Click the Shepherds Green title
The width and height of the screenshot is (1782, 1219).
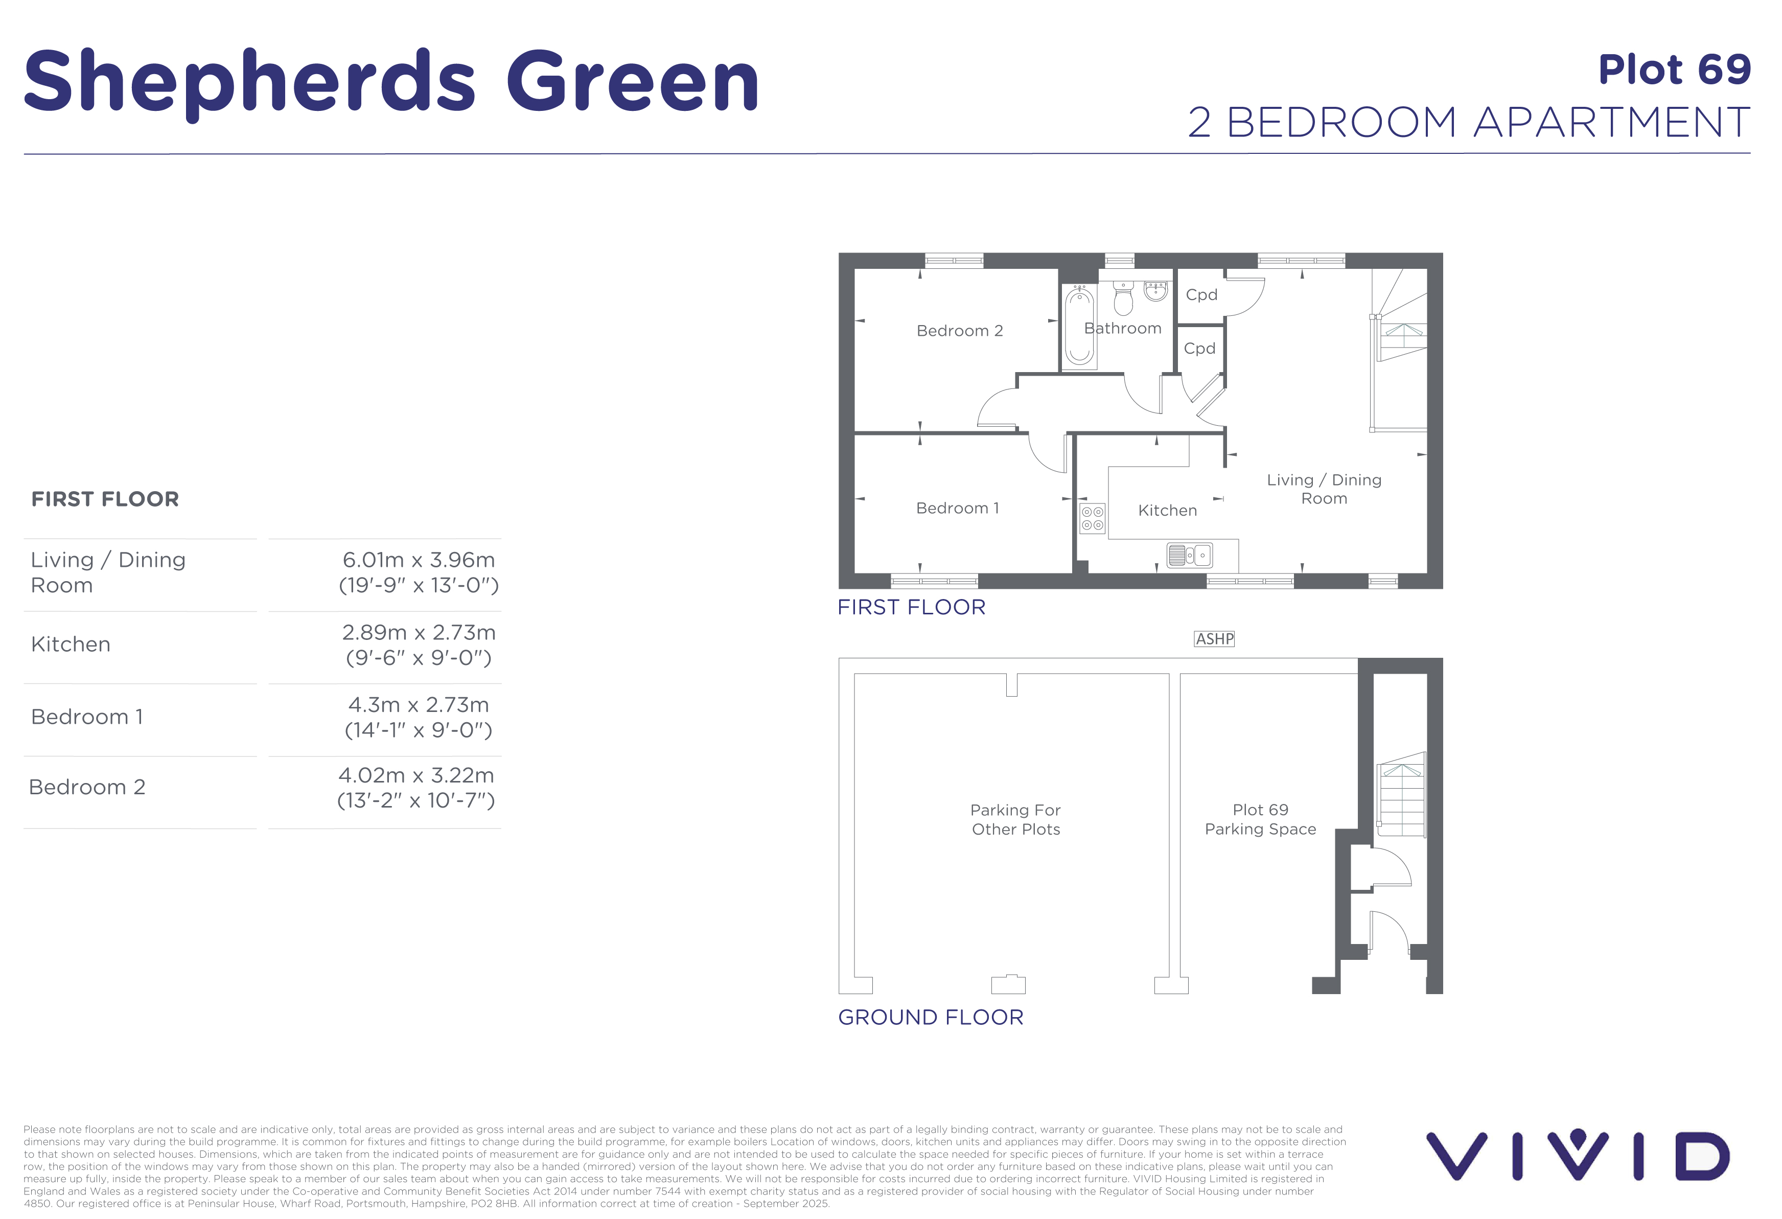(391, 81)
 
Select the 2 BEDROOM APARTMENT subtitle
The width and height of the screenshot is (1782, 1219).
(1468, 123)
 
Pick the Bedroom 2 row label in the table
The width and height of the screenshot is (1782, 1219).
(87, 787)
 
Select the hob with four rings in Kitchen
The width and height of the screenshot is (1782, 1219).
(1093, 518)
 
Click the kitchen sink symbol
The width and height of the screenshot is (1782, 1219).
(1189, 554)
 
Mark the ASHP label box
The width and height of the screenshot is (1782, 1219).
(1215, 639)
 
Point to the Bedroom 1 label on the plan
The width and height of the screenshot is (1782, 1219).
(958, 508)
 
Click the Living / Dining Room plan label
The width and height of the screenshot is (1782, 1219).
(1324, 489)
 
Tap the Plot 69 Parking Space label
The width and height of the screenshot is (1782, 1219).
(1261, 820)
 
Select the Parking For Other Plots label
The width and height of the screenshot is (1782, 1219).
(1016, 820)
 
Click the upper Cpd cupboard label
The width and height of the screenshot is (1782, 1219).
(1201, 295)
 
